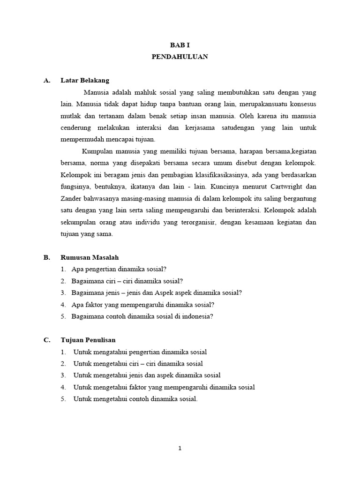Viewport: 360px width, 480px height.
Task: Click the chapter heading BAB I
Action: [x=180, y=45]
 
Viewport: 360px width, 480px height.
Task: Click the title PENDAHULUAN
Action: [x=180, y=57]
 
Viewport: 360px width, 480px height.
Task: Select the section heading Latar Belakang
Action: [x=85, y=80]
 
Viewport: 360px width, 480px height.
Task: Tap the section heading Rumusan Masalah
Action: [x=90, y=257]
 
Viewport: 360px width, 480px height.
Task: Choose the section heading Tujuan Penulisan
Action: [x=88, y=340]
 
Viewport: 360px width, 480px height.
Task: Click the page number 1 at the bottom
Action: [x=180, y=448]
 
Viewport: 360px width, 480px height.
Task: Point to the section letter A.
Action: [x=46, y=80]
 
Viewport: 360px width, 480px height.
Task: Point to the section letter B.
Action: [x=46, y=257]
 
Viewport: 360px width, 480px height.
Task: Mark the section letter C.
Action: [x=46, y=340]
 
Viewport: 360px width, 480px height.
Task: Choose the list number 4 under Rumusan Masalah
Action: [x=63, y=305]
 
